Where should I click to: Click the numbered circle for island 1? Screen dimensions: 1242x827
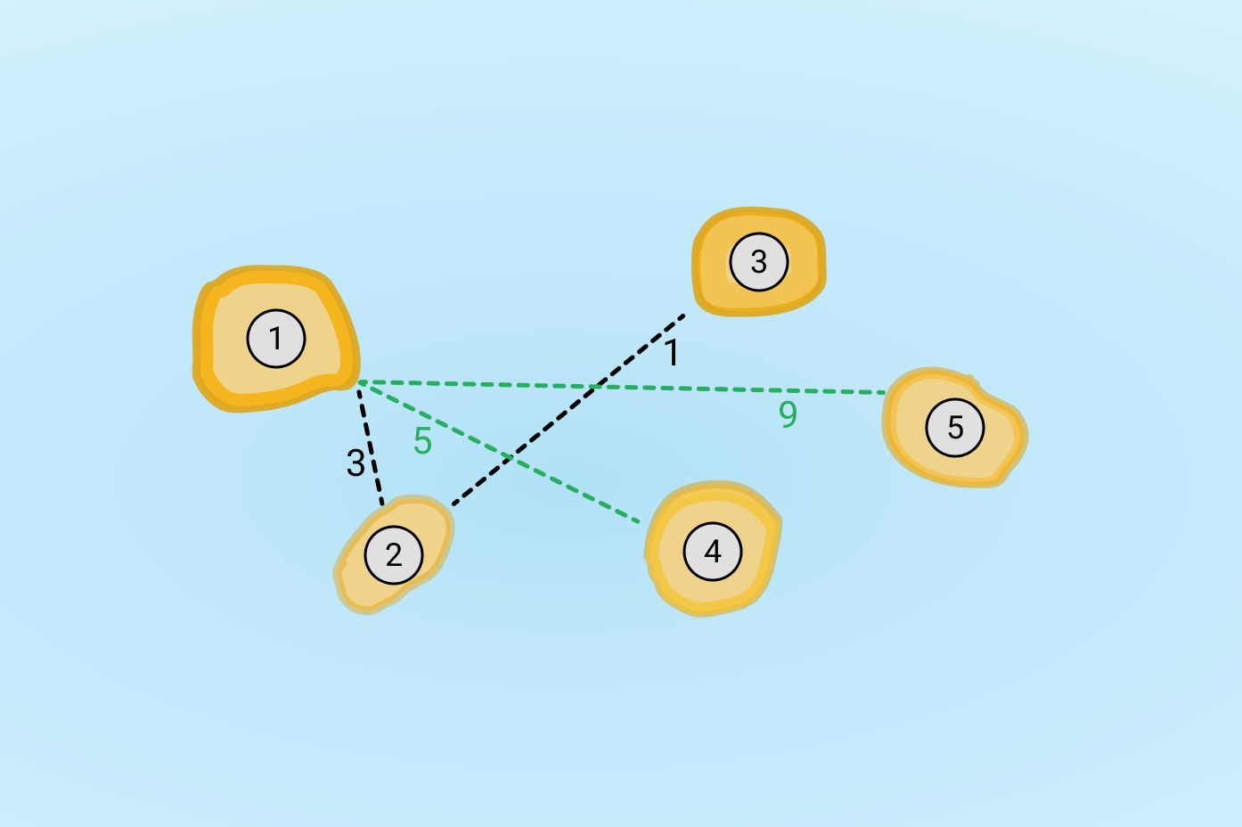point(276,339)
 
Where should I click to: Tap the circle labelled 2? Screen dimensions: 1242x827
point(394,554)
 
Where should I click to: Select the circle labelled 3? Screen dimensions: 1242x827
point(759,262)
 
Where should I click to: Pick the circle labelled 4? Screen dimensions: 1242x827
point(713,552)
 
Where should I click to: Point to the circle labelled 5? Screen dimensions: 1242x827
point(955,428)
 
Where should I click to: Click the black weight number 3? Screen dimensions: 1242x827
point(355,463)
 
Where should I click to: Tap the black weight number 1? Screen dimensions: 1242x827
point(672,353)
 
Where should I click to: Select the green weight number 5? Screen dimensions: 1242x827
point(422,441)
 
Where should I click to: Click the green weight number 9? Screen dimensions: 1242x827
point(788,413)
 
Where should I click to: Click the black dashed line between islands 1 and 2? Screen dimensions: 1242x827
point(371,447)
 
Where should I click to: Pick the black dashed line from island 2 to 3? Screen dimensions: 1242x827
point(568,410)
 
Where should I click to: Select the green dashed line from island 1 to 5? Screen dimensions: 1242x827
point(622,387)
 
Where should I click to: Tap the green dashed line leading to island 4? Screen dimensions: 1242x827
point(499,452)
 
